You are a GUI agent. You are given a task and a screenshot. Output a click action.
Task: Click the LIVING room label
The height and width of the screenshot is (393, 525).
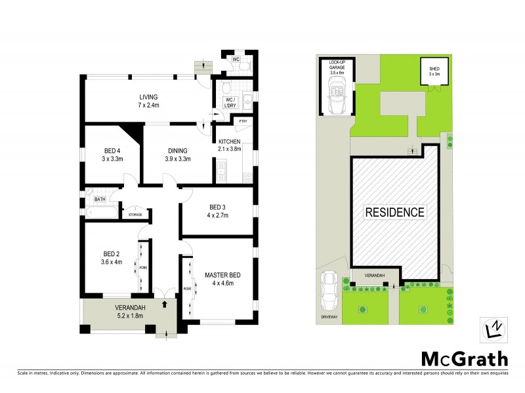click(138, 98)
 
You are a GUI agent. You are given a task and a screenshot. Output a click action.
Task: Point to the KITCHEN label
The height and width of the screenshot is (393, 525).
click(230, 142)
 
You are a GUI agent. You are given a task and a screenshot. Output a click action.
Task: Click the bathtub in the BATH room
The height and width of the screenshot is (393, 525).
click(100, 213)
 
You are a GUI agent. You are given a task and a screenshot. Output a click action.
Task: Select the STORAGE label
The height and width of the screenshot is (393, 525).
click(135, 215)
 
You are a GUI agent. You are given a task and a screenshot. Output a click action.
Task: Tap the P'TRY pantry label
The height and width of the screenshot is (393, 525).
click(242, 121)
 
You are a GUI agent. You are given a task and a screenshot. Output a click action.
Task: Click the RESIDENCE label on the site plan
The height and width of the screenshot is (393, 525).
click(394, 212)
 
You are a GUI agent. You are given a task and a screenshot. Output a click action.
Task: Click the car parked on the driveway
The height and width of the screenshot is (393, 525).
click(330, 290)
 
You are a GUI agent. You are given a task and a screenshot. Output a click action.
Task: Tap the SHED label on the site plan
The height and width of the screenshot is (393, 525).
click(434, 69)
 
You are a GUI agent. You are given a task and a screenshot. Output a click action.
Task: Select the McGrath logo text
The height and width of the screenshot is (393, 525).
click(464, 358)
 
